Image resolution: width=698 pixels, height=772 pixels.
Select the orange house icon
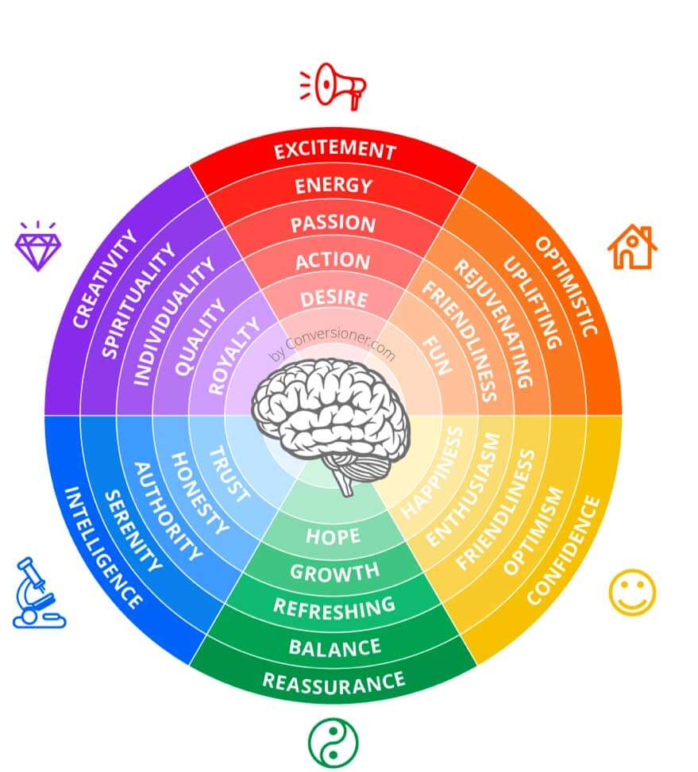click(632, 247)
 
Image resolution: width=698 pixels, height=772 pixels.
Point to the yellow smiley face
click(632, 593)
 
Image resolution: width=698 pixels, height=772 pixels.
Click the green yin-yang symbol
click(334, 743)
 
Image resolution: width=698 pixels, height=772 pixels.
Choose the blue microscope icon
click(38, 593)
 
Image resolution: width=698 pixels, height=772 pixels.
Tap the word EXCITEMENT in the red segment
click(335, 150)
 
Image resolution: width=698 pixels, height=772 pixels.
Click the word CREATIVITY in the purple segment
click(105, 278)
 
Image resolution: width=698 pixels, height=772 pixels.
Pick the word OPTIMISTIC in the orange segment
click(566, 286)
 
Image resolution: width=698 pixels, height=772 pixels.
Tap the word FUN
click(437, 355)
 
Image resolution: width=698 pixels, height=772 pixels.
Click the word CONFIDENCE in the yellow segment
click(564, 550)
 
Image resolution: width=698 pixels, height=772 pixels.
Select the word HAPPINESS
click(431, 473)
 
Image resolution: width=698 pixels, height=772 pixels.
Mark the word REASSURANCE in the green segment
click(334, 683)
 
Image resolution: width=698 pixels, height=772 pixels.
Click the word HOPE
click(333, 536)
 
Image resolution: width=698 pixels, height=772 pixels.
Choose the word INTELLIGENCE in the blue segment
click(103, 547)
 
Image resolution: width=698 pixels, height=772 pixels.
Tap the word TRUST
click(229, 474)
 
